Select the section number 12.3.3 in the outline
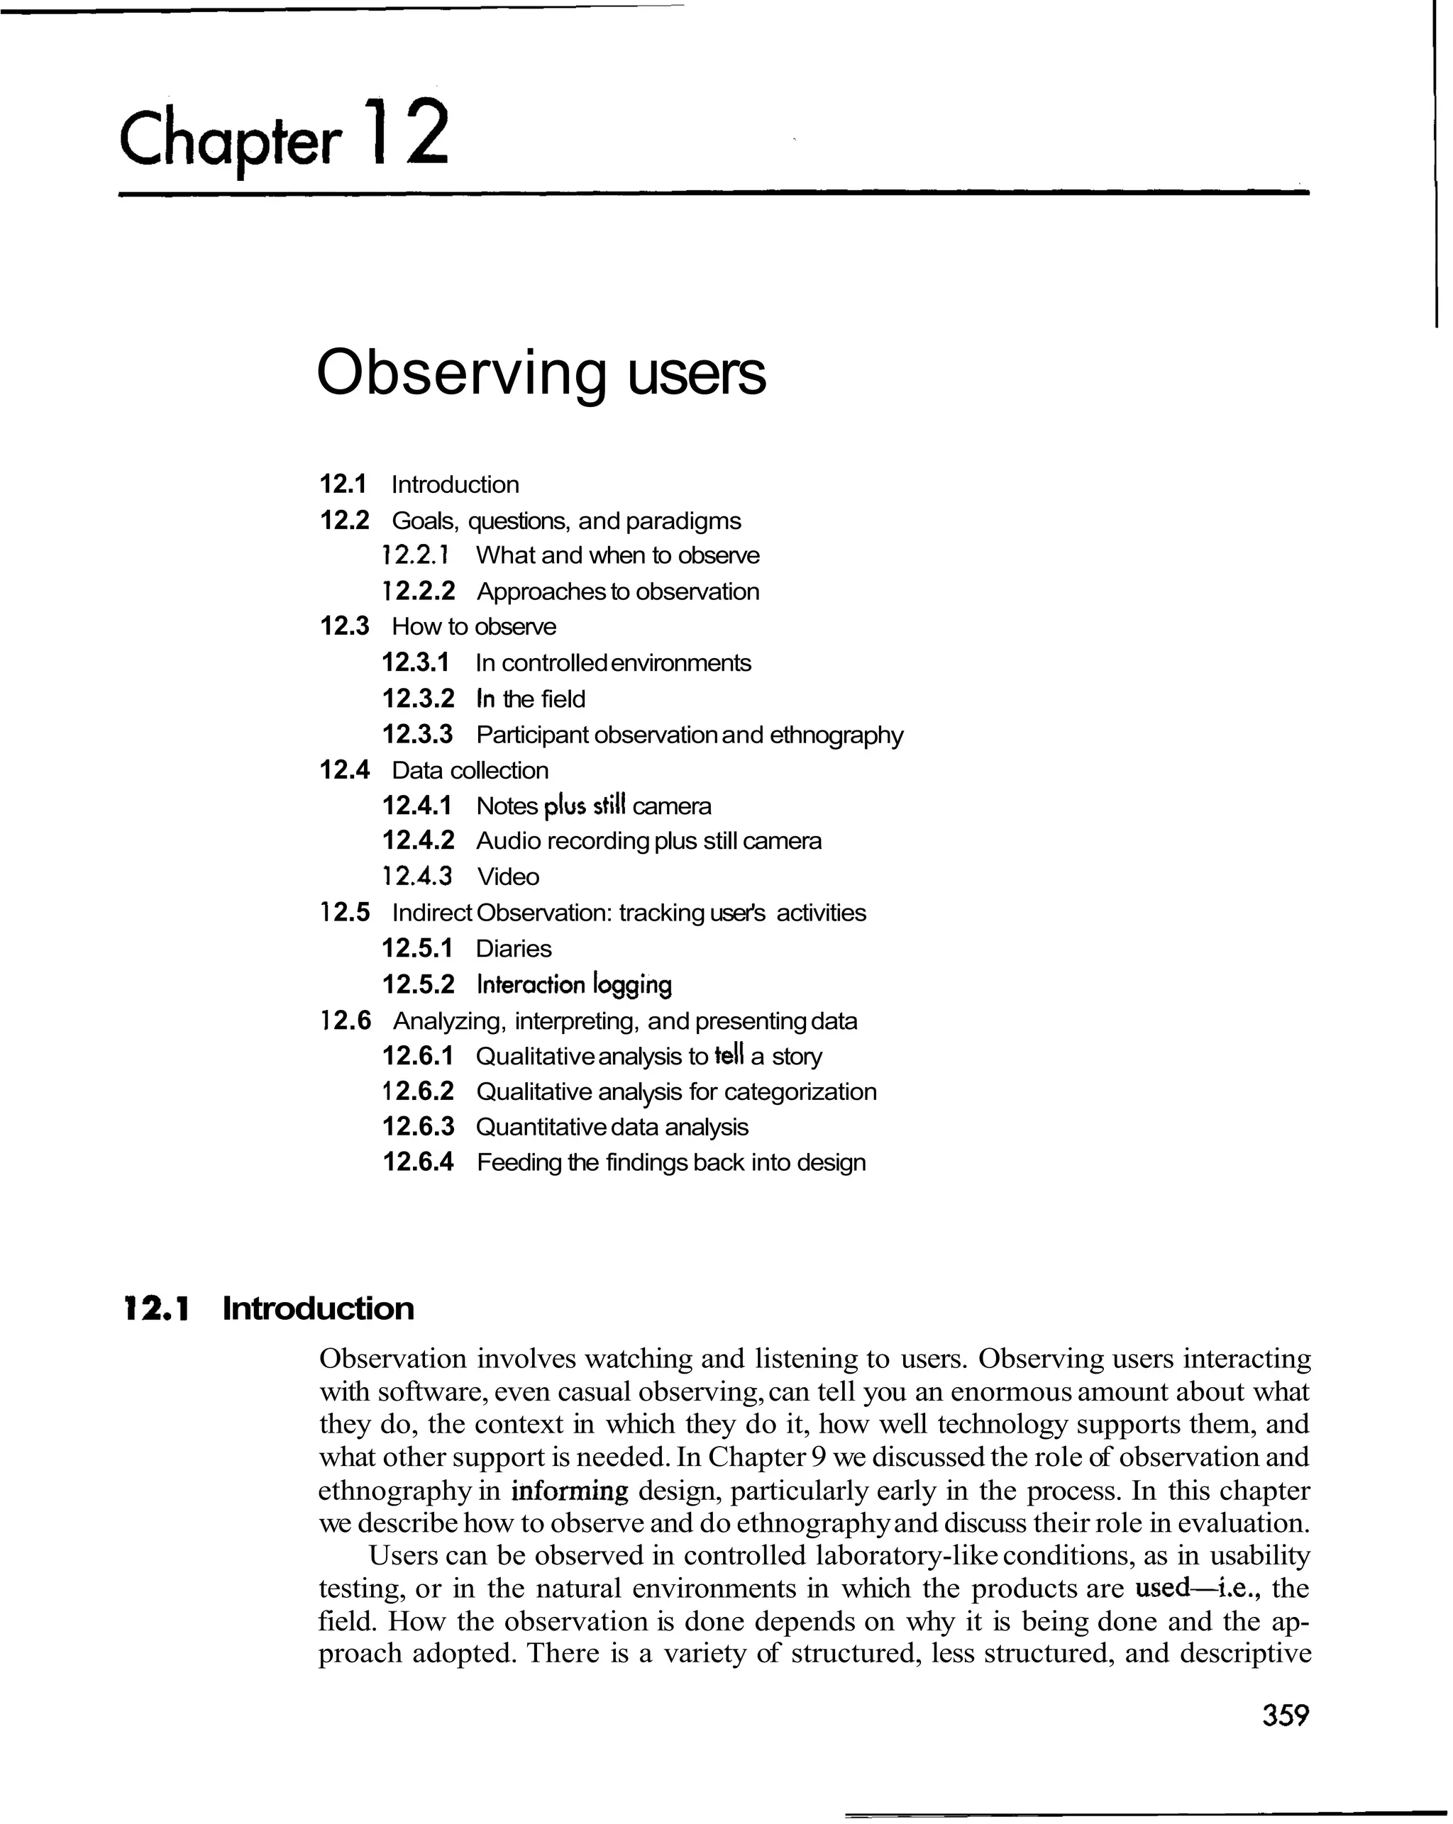[417, 734]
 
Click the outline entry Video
[508, 877]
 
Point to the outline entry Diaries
[514, 948]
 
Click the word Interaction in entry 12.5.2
[531, 985]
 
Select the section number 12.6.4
[418, 1162]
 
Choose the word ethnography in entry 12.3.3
[836, 734]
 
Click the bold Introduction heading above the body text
[318, 1308]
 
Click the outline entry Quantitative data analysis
[612, 1127]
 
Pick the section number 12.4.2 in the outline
[418, 841]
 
